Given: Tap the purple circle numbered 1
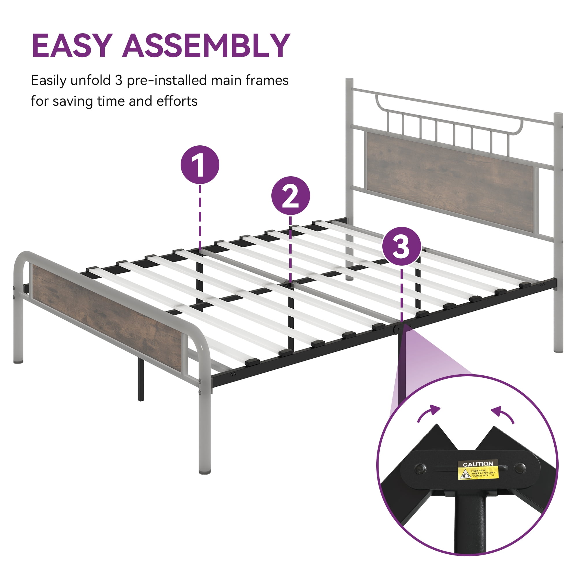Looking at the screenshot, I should (200, 164).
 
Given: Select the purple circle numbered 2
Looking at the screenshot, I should (290, 196).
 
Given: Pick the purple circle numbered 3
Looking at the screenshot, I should (401, 246).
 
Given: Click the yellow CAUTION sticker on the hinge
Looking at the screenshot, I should (478, 469).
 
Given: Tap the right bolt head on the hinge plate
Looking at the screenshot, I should (520, 467).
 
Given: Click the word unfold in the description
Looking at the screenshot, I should (90, 81).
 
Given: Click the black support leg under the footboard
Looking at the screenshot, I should (141, 380).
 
